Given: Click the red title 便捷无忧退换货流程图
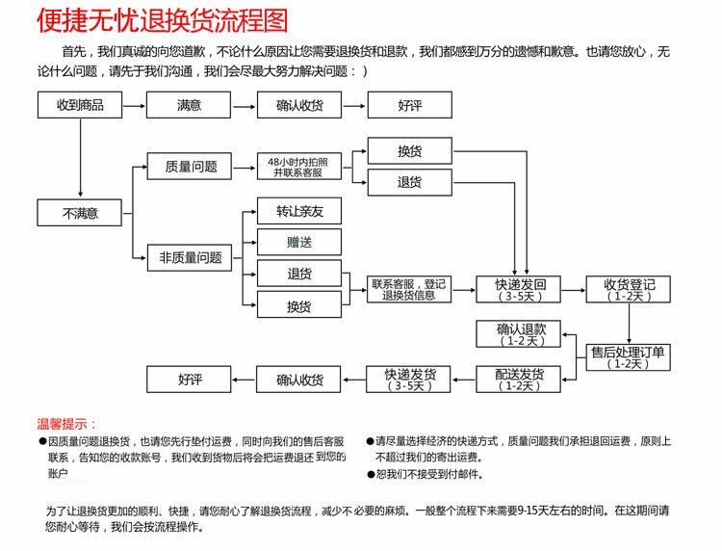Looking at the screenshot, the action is coord(163,21).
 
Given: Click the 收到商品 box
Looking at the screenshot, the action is coord(80,105).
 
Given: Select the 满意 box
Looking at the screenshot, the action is coord(189,105).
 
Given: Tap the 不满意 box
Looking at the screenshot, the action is coord(80,213).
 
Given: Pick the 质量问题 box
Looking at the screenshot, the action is coord(190,167).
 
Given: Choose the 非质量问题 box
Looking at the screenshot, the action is coord(190,257).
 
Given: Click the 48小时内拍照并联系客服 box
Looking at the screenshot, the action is coord(299,167).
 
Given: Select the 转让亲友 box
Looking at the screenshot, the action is coord(299,211).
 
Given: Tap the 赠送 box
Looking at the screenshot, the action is coord(299,242).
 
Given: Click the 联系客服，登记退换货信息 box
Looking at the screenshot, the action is coord(409,289).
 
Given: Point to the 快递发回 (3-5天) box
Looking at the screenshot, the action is coord(519,289).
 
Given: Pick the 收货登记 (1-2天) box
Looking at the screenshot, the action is coord(628,289).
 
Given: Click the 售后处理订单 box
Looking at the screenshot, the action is coord(628,357).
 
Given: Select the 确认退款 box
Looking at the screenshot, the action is coord(519,333).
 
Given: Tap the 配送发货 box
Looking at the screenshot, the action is coord(519,380).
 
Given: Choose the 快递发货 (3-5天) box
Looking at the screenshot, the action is coord(408,380).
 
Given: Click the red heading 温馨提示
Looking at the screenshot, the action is coord(66,424).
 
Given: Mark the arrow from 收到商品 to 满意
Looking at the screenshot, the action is coord(135,106).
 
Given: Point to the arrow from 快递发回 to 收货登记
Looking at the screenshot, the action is coord(574,290).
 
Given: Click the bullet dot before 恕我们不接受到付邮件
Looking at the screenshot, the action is coord(371,474).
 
